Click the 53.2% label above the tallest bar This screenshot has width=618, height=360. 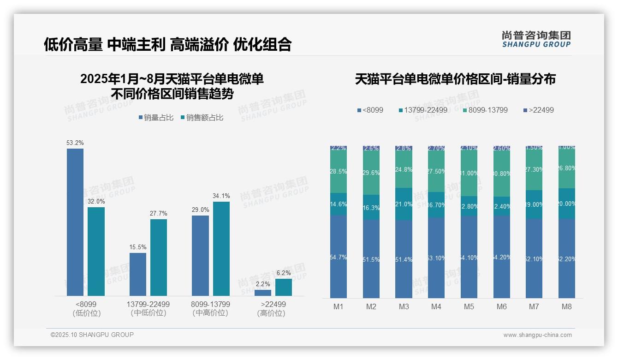coord(75,143)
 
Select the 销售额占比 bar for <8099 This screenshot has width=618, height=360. coord(96,251)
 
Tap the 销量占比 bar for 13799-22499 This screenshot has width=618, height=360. coord(138,274)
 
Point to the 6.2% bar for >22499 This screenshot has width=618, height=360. coord(284,287)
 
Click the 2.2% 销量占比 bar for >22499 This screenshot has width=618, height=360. coord(263,293)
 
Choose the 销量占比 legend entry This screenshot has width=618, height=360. coord(156,118)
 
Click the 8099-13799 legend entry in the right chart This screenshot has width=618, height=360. coord(485,110)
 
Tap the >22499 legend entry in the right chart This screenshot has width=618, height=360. coord(538,110)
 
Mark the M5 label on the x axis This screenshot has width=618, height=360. coord(469,306)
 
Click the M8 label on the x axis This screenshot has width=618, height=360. coord(567,306)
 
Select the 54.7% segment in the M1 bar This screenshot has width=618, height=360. coord(339,257)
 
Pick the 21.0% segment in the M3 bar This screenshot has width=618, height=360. coord(404,204)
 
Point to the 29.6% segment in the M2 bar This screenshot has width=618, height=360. coord(371,173)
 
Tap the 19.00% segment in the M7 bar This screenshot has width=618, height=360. coord(534,204)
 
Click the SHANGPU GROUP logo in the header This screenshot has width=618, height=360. coord(536,39)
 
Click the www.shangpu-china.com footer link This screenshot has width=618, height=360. coord(537,335)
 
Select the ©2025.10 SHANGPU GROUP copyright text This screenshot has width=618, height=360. coord(92,335)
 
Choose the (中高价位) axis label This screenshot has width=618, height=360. coord(210,313)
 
